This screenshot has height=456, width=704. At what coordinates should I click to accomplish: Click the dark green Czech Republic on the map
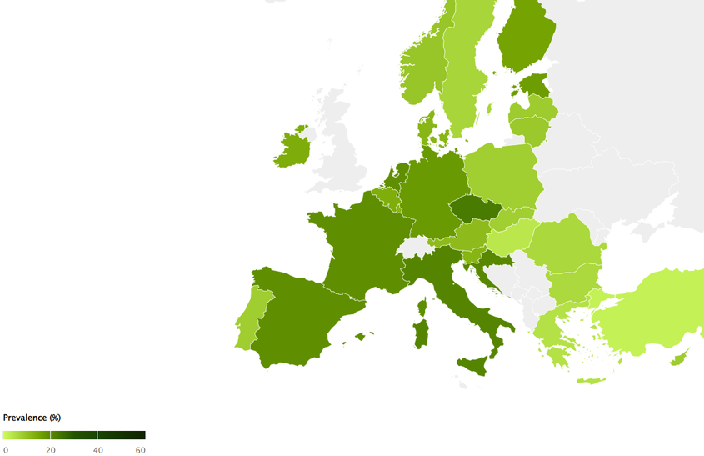pos(476,208)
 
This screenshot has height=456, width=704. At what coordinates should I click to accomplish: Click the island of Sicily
pos(471,364)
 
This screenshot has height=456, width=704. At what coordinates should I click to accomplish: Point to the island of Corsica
pos(422,309)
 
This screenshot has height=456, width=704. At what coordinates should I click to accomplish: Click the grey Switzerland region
pos(415,248)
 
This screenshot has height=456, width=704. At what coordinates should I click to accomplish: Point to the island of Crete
pos(591,381)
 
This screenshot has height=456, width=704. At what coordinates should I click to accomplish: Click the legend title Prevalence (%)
pos(32,418)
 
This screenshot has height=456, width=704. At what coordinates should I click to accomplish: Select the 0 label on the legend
pos(6,450)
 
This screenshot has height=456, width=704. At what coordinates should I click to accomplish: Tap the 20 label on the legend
pos(51,450)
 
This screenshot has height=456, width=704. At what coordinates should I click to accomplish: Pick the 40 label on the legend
pos(97,450)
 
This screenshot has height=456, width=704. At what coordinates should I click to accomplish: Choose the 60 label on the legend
pos(141,450)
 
